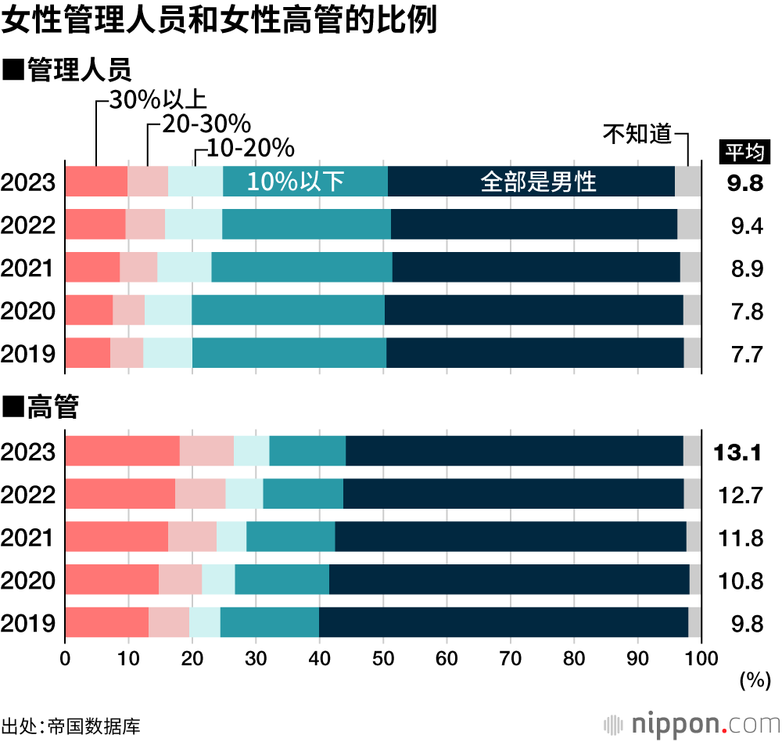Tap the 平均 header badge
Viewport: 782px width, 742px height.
[744, 151]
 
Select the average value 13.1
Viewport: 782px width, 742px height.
[738, 452]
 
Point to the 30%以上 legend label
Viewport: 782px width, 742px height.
[156, 100]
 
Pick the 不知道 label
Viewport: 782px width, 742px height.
[637, 134]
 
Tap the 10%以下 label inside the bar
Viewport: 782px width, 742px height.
[296, 182]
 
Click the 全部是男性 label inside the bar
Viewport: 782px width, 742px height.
[538, 182]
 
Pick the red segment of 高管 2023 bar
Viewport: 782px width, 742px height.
[122, 452]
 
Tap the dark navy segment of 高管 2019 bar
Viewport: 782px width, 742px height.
[503, 622]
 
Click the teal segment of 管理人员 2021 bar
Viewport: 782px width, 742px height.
[301, 268]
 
